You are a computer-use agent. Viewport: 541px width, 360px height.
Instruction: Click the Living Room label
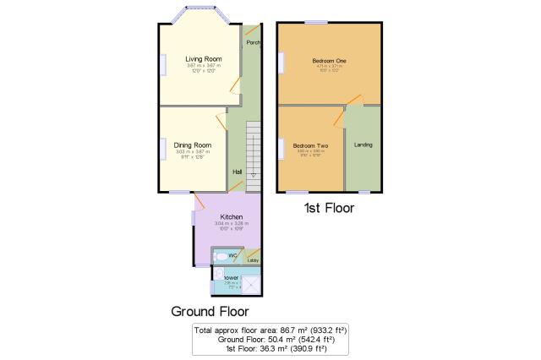pyautogui.click(x=204, y=58)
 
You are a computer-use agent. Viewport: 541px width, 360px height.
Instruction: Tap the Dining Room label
pyautogui.click(x=193, y=145)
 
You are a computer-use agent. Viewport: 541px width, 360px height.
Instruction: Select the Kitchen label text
pyautogui.click(x=220, y=217)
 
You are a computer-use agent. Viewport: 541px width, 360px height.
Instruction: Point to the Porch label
pyautogui.click(x=252, y=42)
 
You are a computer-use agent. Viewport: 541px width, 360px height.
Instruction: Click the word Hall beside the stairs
pyautogui.click(x=238, y=172)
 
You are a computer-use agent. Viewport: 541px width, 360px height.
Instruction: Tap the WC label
pyautogui.click(x=232, y=254)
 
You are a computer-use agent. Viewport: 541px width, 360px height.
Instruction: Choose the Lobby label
pyautogui.click(x=252, y=261)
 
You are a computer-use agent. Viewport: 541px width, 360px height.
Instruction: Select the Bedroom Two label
pyautogui.click(x=310, y=146)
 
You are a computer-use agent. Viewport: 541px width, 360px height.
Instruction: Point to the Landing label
pyautogui.click(x=363, y=145)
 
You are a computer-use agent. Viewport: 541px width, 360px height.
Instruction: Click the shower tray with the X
pyautogui.click(x=251, y=282)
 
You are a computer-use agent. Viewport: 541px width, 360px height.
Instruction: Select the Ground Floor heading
pyautogui.click(x=210, y=310)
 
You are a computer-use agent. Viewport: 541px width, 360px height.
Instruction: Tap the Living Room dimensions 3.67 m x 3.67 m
pyautogui.click(x=204, y=65)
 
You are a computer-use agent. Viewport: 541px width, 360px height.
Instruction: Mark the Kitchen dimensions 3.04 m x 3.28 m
pyautogui.click(x=220, y=224)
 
